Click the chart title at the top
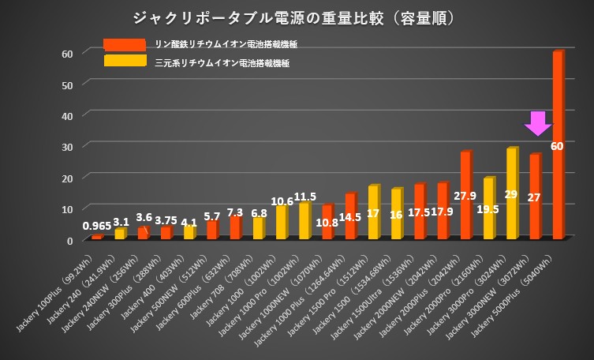[x=296, y=17]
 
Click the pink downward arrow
[x=538, y=123]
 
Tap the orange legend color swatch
[x=124, y=44]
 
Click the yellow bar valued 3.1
[x=119, y=234]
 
